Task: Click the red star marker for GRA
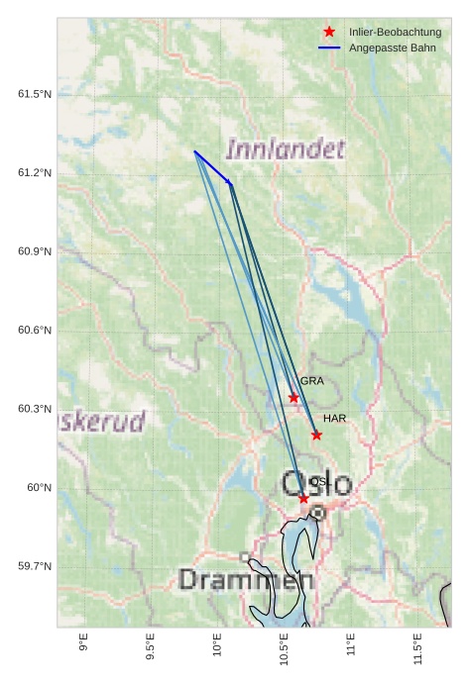click(293, 398)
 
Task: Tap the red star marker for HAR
click(316, 435)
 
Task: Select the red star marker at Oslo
click(303, 498)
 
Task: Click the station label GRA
click(312, 381)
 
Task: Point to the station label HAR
click(335, 419)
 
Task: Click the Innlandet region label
click(286, 150)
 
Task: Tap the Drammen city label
click(246, 580)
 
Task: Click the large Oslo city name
click(316, 485)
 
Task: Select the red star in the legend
click(329, 32)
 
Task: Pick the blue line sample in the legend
click(329, 48)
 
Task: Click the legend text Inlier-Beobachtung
click(395, 33)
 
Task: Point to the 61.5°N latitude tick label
click(35, 94)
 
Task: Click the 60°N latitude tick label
click(39, 488)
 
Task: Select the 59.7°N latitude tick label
click(35, 566)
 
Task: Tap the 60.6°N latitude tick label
click(35, 331)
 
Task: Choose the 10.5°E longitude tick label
click(284, 648)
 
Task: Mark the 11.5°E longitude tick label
click(417, 648)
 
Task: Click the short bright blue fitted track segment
click(212, 167)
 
